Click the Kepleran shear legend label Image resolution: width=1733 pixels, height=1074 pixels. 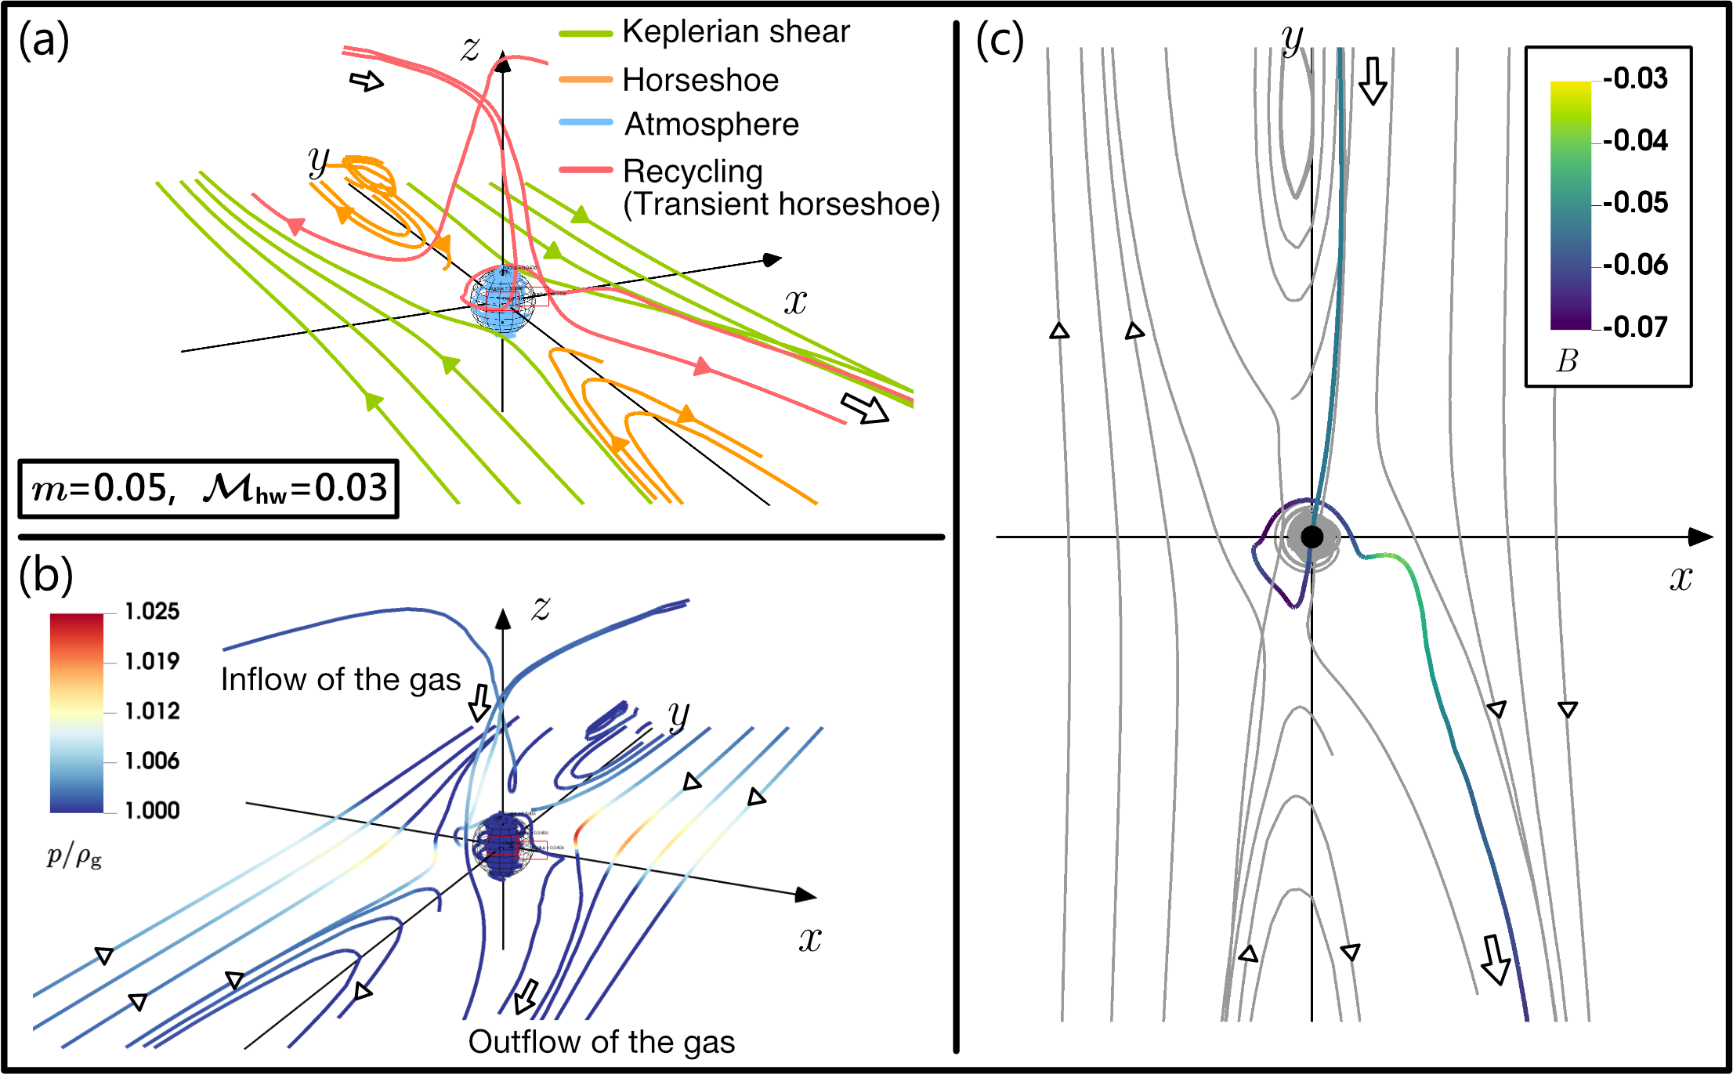[736, 32]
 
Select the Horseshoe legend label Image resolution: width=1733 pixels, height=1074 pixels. [700, 80]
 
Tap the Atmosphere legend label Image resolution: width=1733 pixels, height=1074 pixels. [711, 125]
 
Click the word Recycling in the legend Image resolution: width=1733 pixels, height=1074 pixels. [693, 172]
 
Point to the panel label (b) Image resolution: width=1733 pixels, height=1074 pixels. [45, 575]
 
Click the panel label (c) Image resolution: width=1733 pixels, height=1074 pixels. [1000, 41]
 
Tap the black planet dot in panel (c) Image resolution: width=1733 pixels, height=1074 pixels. [1312, 537]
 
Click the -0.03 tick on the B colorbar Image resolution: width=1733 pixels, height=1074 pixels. [1635, 78]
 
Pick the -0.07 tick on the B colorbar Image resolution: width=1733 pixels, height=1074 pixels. [1635, 327]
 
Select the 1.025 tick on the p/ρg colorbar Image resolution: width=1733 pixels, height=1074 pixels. [152, 612]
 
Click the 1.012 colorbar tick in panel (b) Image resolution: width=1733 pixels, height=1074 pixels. [152, 711]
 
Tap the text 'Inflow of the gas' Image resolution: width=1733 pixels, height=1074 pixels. [341, 680]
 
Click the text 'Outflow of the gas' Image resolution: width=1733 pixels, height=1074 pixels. [602, 1042]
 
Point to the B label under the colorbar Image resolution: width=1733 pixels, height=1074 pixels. [1567, 361]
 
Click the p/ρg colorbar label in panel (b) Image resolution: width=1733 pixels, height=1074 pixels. [74, 856]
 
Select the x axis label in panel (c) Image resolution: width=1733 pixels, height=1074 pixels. [1681, 578]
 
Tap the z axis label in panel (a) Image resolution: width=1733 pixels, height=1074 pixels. [470, 49]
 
